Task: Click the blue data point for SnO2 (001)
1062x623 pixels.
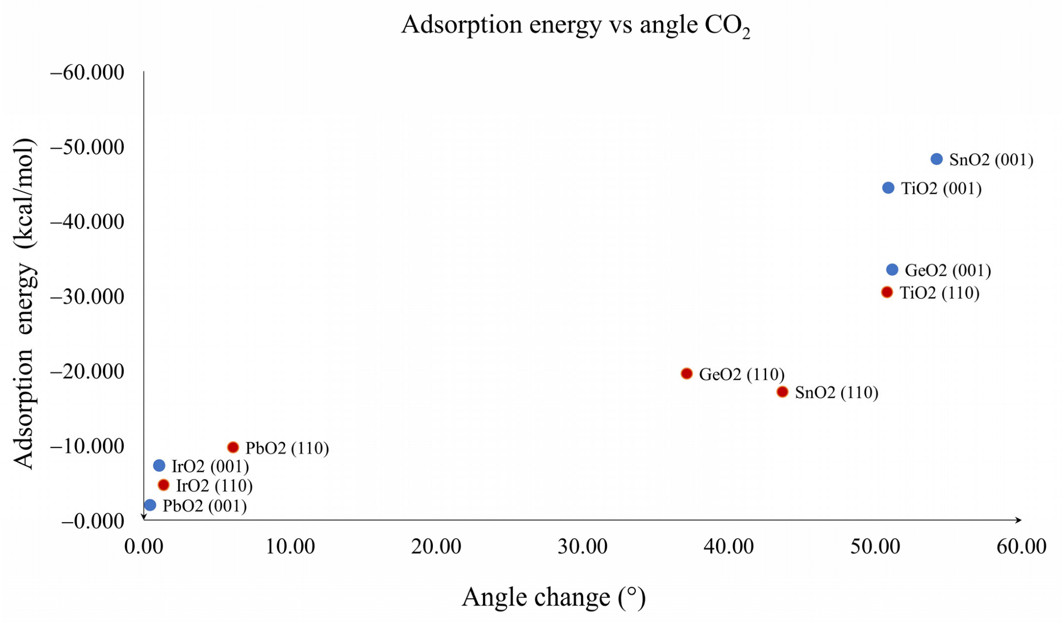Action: pyautogui.click(x=937, y=159)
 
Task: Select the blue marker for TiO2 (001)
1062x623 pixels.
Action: pyautogui.click(x=888, y=188)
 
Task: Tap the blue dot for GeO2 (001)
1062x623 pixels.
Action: pyautogui.click(x=892, y=270)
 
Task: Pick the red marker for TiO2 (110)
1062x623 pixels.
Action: pyautogui.click(x=887, y=292)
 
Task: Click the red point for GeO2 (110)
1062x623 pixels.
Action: pyautogui.click(x=687, y=374)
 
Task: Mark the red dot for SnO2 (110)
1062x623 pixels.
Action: pyautogui.click(x=782, y=392)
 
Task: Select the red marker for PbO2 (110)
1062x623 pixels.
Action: pyautogui.click(x=233, y=447)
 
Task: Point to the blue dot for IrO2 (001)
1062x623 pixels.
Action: pyautogui.click(x=159, y=466)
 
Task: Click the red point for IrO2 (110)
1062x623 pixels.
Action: pyautogui.click(x=163, y=486)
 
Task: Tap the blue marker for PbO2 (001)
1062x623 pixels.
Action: pyautogui.click(x=150, y=505)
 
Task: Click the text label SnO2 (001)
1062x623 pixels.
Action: pyautogui.click(x=991, y=160)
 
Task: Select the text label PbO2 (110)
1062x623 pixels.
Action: pyautogui.click(x=287, y=448)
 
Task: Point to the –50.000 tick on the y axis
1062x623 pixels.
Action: pyautogui.click(x=87, y=148)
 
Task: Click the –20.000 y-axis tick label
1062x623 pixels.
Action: pyautogui.click(x=87, y=372)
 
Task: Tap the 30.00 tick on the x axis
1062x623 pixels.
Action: pyautogui.click(x=583, y=547)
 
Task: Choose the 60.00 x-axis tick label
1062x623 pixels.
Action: pyautogui.click(x=1021, y=547)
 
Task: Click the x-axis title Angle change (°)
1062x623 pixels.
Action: pyautogui.click(x=553, y=597)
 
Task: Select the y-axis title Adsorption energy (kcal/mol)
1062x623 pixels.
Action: pyautogui.click(x=23, y=303)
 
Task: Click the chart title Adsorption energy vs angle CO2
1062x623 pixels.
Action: pyautogui.click(x=575, y=25)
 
